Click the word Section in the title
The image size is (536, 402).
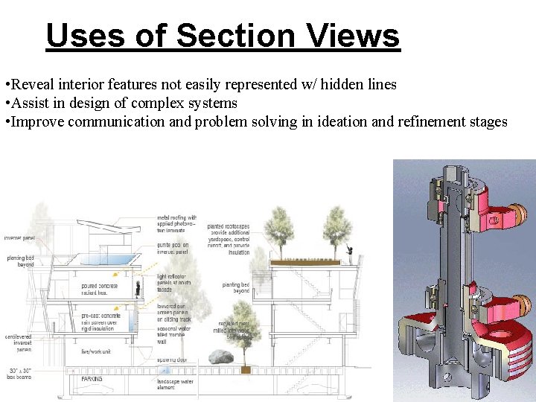(231, 35)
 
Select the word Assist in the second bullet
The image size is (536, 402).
(30, 103)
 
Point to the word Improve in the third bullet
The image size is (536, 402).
(36, 121)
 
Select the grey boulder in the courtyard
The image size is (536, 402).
(220, 357)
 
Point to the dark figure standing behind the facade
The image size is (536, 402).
(138, 287)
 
